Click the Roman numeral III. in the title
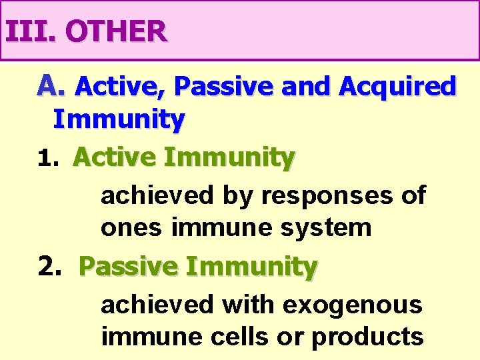click(29, 31)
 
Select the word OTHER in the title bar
click(117, 31)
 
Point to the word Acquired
click(397, 86)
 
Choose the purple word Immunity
click(119, 120)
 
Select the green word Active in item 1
click(115, 158)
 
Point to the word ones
click(132, 228)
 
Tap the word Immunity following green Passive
click(252, 267)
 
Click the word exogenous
click(353, 305)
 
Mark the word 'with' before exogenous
click(248, 305)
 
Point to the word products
click(367, 337)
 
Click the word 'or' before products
click(299, 337)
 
